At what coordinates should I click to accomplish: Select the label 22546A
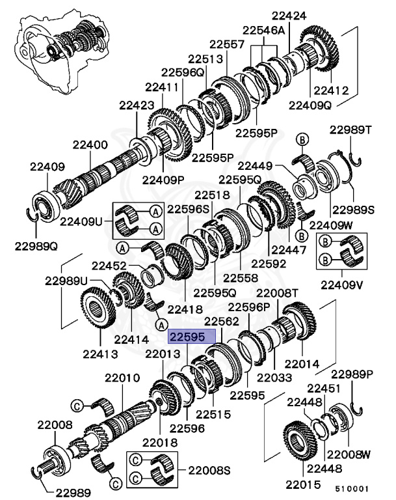pos(263,30)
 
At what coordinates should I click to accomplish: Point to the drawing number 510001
pos(352,486)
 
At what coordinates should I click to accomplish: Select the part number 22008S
pos(209,469)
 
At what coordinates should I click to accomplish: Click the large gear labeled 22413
pos(101,316)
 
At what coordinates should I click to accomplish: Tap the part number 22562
pos(223,321)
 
